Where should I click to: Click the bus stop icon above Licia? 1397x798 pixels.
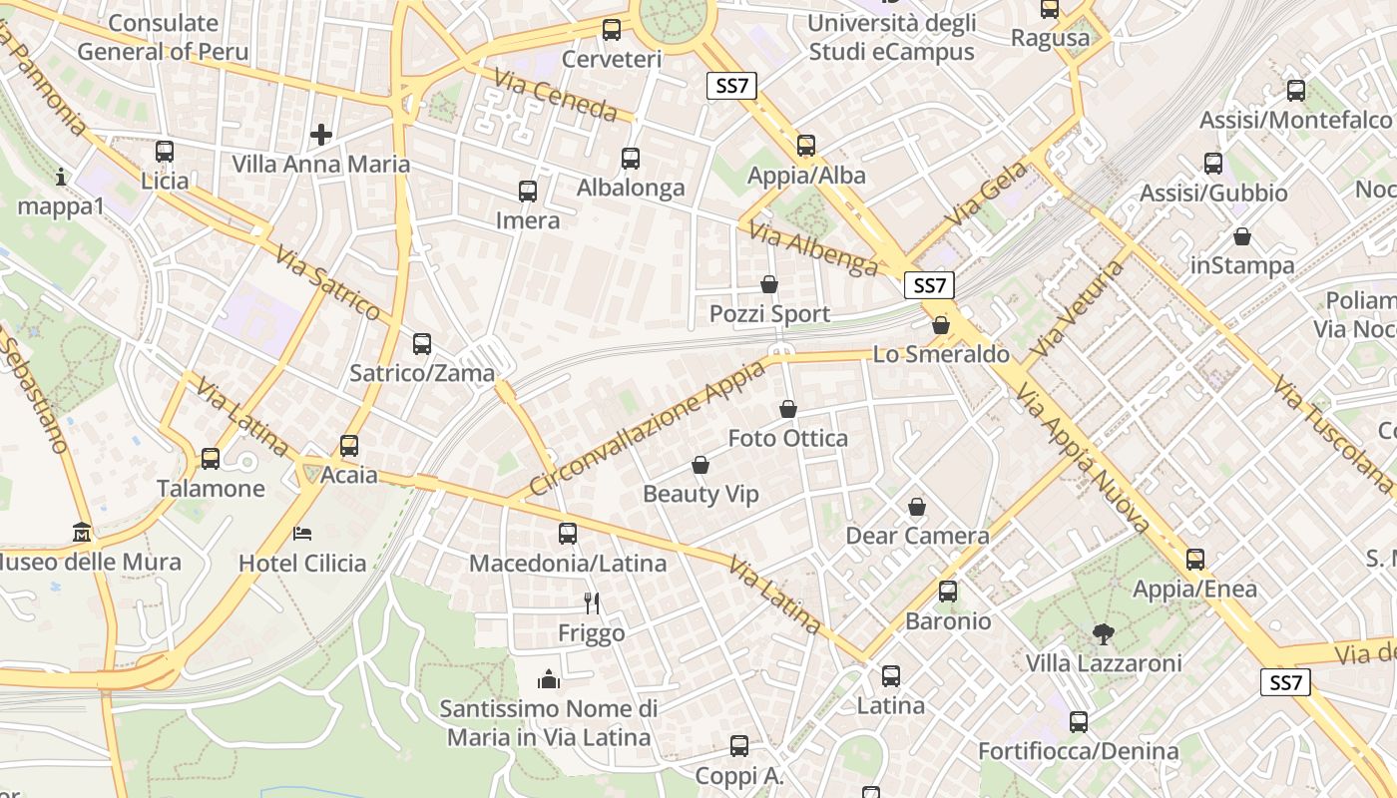165,152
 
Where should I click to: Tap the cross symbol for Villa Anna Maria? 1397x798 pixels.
320,134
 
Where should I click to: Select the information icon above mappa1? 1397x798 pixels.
62,177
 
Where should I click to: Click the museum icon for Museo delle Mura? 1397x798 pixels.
82,533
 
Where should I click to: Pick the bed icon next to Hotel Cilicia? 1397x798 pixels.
302,534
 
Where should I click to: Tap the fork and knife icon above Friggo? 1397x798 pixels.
592,602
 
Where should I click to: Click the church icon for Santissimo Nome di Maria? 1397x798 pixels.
549,679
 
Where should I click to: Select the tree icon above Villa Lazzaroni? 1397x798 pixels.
1104,633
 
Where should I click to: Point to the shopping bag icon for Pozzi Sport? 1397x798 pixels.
769,284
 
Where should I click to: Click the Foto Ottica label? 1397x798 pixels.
787,438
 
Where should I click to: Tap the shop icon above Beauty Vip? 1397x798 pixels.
700,465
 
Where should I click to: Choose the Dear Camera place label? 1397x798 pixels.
917,536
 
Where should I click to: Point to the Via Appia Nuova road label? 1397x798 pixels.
1083,458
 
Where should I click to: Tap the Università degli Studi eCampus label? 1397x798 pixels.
891,37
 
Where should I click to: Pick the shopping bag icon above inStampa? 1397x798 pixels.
1242,236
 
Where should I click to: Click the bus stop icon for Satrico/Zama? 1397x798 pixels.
422,344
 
